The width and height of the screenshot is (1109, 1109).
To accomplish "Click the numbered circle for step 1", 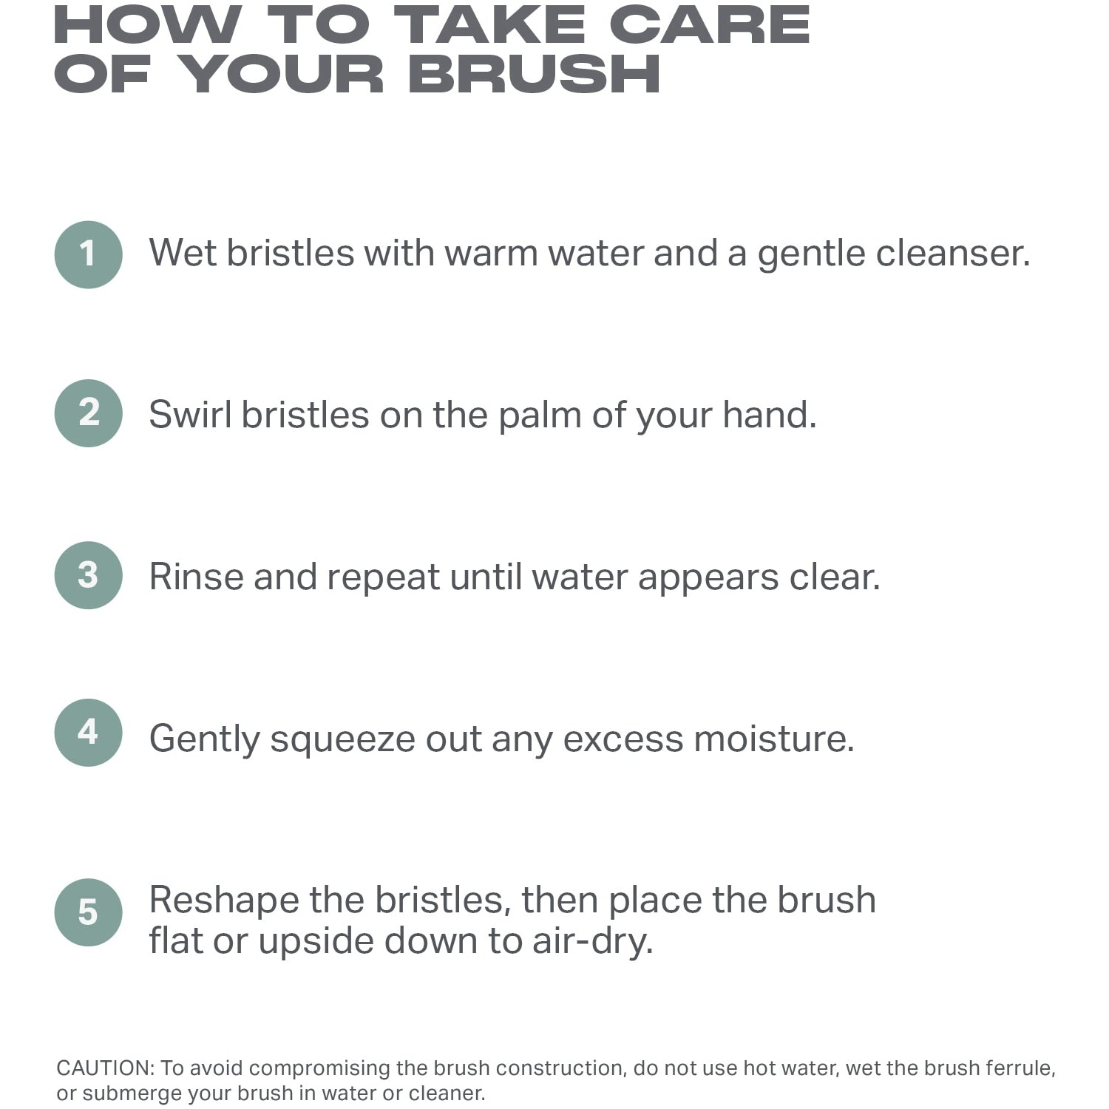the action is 88,255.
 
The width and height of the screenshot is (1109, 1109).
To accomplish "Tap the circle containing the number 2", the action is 88,413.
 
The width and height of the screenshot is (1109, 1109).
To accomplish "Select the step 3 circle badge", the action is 88,575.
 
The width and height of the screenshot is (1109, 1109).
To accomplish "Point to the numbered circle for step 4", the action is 88,733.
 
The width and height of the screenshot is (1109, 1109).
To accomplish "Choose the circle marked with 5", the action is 88,912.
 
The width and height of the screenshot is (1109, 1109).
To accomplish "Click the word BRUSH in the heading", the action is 534,74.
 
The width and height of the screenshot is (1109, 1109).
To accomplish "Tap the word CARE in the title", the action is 710,24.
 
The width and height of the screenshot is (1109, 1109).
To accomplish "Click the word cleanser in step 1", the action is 953,253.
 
